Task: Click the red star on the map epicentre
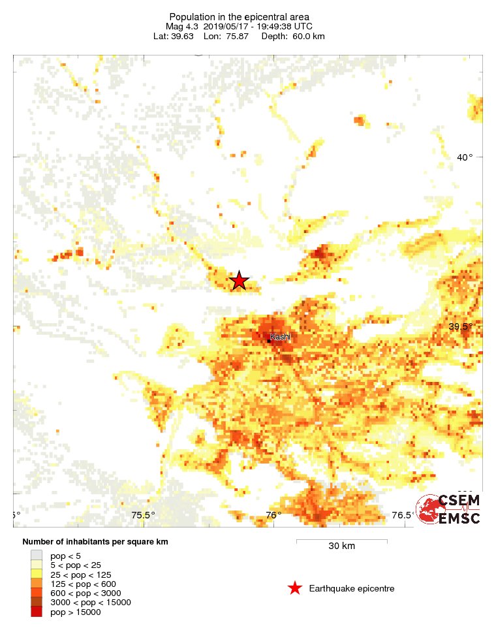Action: pyautogui.click(x=240, y=280)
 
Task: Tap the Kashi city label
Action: pyautogui.click(x=280, y=337)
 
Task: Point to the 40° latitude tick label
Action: pyautogui.click(x=464, y=157)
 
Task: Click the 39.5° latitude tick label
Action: pyautogui.click(x=461, y=326)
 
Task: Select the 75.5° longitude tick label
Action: pyautogui.click(x=143, y=515)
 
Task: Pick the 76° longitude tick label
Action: pyautogui.click(x=273, y=515)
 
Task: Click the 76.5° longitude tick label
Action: pyautogui.click(x=402, y=515)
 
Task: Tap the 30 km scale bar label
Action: pyautogui.click(x=341, y=546)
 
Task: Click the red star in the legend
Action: pyautogui.click(x=295, y=589)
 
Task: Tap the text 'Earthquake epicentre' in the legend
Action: pyautogui.click(x=352, y=589)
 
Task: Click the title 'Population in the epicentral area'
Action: pyautogui.click(x=239, y=17)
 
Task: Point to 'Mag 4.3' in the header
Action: pyautogui.click(x=181, y=26)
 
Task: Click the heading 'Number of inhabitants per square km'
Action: pyautogui.click(x=96, y=543)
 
